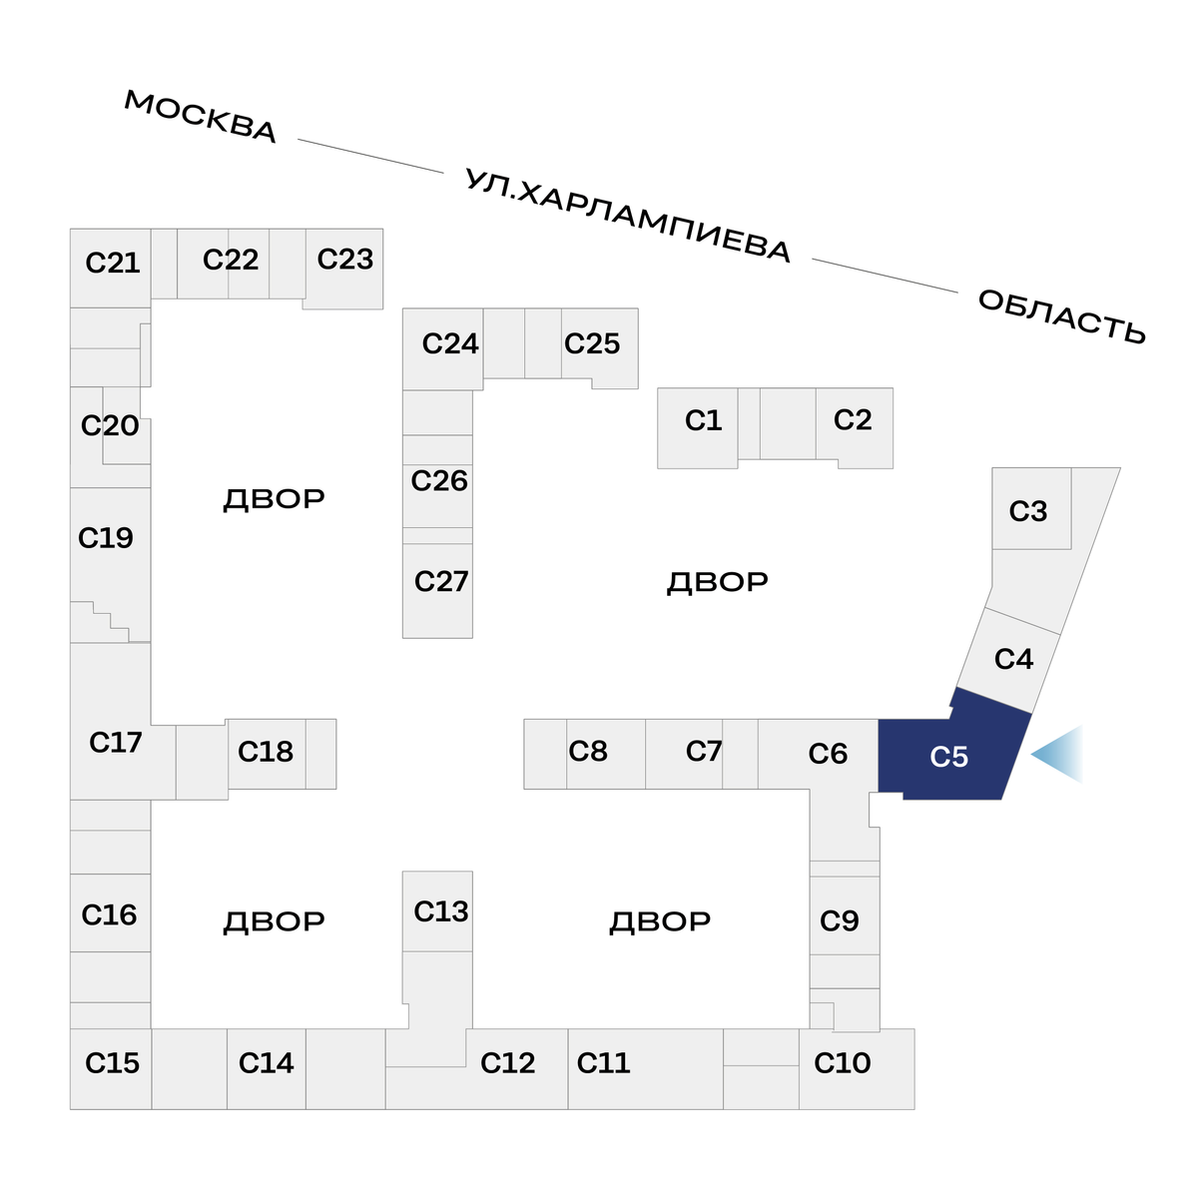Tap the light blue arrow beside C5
(x=1060, y=754)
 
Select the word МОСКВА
(x=200, y=117)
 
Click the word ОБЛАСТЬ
(x=1061, y=316)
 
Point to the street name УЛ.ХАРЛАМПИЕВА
(x=628, y=216)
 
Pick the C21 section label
(x=113, y=263)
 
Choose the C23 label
(x=344, y=260)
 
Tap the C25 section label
(x=592, y=343)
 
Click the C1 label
(x=703, y=420)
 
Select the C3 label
(x=1028, y=511)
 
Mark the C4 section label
(x=1013, y=659)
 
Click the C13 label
(x=440, y=911)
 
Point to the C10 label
(x=843, y=1063)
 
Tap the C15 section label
(x=112, y=1063)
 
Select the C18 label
(x=266, y=752)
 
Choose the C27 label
(x=440, y=581)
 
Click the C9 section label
(x=839, y=920)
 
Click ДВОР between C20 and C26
(x=274, y=499)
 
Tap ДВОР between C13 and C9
(x=660, y=921)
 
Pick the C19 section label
(x=106, y=538)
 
